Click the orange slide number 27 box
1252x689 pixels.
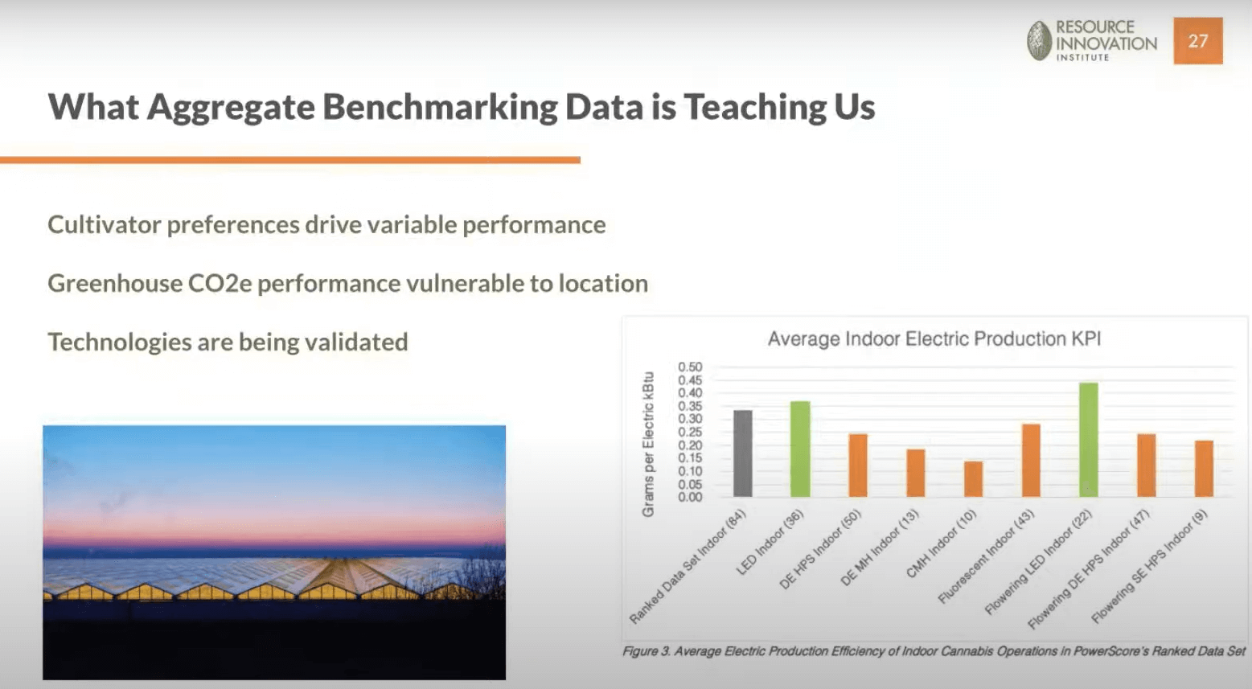tap(1198, 41)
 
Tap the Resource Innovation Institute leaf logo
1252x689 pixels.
tap(1040, 41)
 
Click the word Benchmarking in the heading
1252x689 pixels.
tap(440, 107)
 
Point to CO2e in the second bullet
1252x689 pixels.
tap(220, 283)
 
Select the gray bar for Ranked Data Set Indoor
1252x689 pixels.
tap(743, 453)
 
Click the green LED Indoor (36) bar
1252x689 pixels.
tap(800, 449)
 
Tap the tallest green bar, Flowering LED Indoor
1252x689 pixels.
tap(1089, 440)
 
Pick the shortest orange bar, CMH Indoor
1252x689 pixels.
tap(973, 479)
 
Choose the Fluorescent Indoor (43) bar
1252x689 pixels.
tap(1031, 461)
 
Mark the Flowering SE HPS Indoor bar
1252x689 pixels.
tap(1204, 469)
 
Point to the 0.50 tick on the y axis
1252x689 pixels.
tap(690, 367)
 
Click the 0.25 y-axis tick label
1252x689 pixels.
tap(690, 432)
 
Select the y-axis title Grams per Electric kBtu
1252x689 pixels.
tap(648, 445)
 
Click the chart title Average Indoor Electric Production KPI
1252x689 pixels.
tap(934, 339)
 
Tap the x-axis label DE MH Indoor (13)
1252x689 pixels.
tap(881, 548)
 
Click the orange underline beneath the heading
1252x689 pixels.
tap(290, 160)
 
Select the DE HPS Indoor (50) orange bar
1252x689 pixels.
tap(858, 465)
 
